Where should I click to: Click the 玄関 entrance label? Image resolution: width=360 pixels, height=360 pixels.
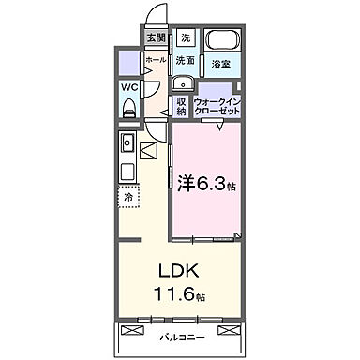[x=155, y=38]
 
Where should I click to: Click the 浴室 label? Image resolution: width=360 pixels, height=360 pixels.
[x=221, y=66]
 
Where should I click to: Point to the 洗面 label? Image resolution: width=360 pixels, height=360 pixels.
[x=185, y=61]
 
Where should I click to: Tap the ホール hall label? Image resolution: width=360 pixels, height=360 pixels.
[x=155, y=61]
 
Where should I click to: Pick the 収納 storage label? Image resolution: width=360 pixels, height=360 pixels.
[x=182, y=105]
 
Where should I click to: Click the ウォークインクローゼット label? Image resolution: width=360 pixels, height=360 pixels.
[x=217, y=105]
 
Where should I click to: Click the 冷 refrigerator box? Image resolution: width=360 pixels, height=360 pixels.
[x=127, y=198]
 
